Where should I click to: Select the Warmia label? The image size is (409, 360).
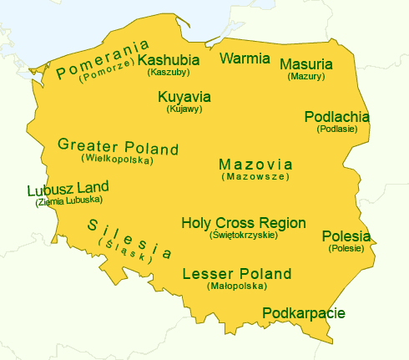pos(245,58)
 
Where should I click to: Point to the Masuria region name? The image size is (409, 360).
pos(305,64)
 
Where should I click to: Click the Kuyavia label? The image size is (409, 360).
pos(184,97)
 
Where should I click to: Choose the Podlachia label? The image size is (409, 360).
pos(336,117)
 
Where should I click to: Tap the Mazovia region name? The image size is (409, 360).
pos(255,164)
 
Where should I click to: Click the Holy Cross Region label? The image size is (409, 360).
pos(243,223)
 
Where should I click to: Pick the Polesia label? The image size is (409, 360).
pos(346,236)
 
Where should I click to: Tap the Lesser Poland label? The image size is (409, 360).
pos(236,274)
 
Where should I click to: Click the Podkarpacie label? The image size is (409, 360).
pos(303,313)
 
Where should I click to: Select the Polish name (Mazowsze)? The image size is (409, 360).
pos(255,177)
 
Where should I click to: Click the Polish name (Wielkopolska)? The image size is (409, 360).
pos(117,158)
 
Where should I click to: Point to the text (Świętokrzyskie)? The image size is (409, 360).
pos(243,236)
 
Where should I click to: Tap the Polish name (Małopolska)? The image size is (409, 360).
pos(236,286)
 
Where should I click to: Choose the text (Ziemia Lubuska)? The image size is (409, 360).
pos(68,200)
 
